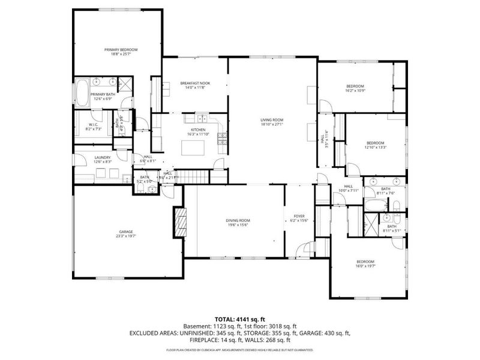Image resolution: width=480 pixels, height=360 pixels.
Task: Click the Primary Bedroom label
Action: tap(121, 49)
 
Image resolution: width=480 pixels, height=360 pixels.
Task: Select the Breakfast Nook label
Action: tap(195, 83)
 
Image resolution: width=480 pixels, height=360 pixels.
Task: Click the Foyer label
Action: tap(299, 216)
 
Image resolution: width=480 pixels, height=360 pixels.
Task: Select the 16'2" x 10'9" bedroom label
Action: tap(355, 86)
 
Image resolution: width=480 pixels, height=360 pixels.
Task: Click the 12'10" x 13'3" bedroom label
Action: tap(376, 143)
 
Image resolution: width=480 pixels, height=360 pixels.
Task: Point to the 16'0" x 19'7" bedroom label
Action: tap(365, 262)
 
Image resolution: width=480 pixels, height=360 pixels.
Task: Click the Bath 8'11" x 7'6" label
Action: tap(385, 189)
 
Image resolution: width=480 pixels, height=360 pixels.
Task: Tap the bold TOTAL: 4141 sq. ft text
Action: tap(239, 319)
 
